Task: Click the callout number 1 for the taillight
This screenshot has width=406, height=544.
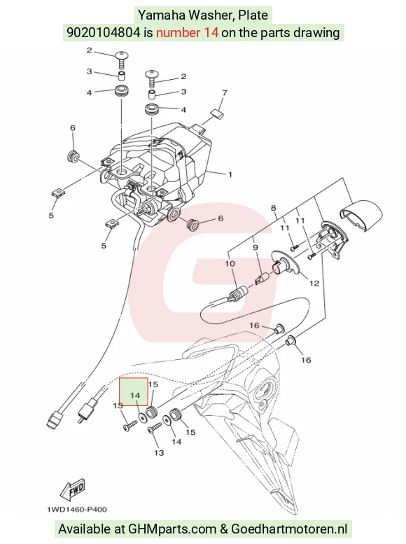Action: [230, 174]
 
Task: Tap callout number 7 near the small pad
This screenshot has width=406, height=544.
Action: [225, 93]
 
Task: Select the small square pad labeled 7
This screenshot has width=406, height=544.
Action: [217, 114]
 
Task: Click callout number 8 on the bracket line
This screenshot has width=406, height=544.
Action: [274, 208]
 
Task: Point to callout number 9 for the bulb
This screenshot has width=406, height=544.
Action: [255, 247]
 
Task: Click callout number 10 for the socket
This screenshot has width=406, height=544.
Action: [230, 264]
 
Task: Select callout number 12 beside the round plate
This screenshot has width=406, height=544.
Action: [314, 284]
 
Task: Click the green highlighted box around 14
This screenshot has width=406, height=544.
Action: [134, 391]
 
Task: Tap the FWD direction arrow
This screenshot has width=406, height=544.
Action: [72, 491]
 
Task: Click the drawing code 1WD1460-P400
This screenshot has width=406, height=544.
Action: [77, 510]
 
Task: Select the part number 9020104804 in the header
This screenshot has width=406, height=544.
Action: [104, 33]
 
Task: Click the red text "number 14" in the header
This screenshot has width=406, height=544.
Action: [188, 33]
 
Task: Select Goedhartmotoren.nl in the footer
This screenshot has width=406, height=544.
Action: [289, 529]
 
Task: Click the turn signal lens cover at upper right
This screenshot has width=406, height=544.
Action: [360, 214]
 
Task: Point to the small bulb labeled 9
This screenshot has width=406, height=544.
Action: [262, 278]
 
